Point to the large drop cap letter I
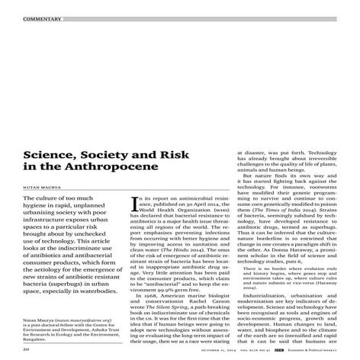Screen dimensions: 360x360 tap(137, 204)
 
